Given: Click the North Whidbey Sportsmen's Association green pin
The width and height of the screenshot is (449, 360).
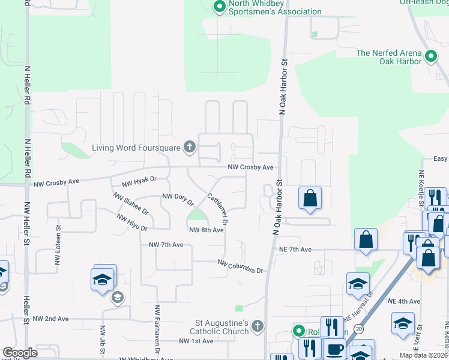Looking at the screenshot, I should [219, 7].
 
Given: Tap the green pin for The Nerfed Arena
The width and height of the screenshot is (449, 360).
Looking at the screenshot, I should [430, 58].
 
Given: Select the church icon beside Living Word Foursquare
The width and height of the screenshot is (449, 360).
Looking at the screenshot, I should [190, 146].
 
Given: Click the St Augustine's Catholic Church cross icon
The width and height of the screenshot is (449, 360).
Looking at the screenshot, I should [257, 326].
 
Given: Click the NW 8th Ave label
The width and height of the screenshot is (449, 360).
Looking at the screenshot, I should [206, 230].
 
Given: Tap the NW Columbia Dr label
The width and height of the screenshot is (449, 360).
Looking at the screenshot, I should [240, 266].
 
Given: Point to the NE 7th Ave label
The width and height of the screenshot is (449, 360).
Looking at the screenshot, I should [295, 249].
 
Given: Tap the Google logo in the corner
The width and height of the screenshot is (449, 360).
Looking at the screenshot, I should [20, 353].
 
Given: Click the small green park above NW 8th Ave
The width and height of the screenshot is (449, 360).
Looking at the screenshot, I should [196, 215].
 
